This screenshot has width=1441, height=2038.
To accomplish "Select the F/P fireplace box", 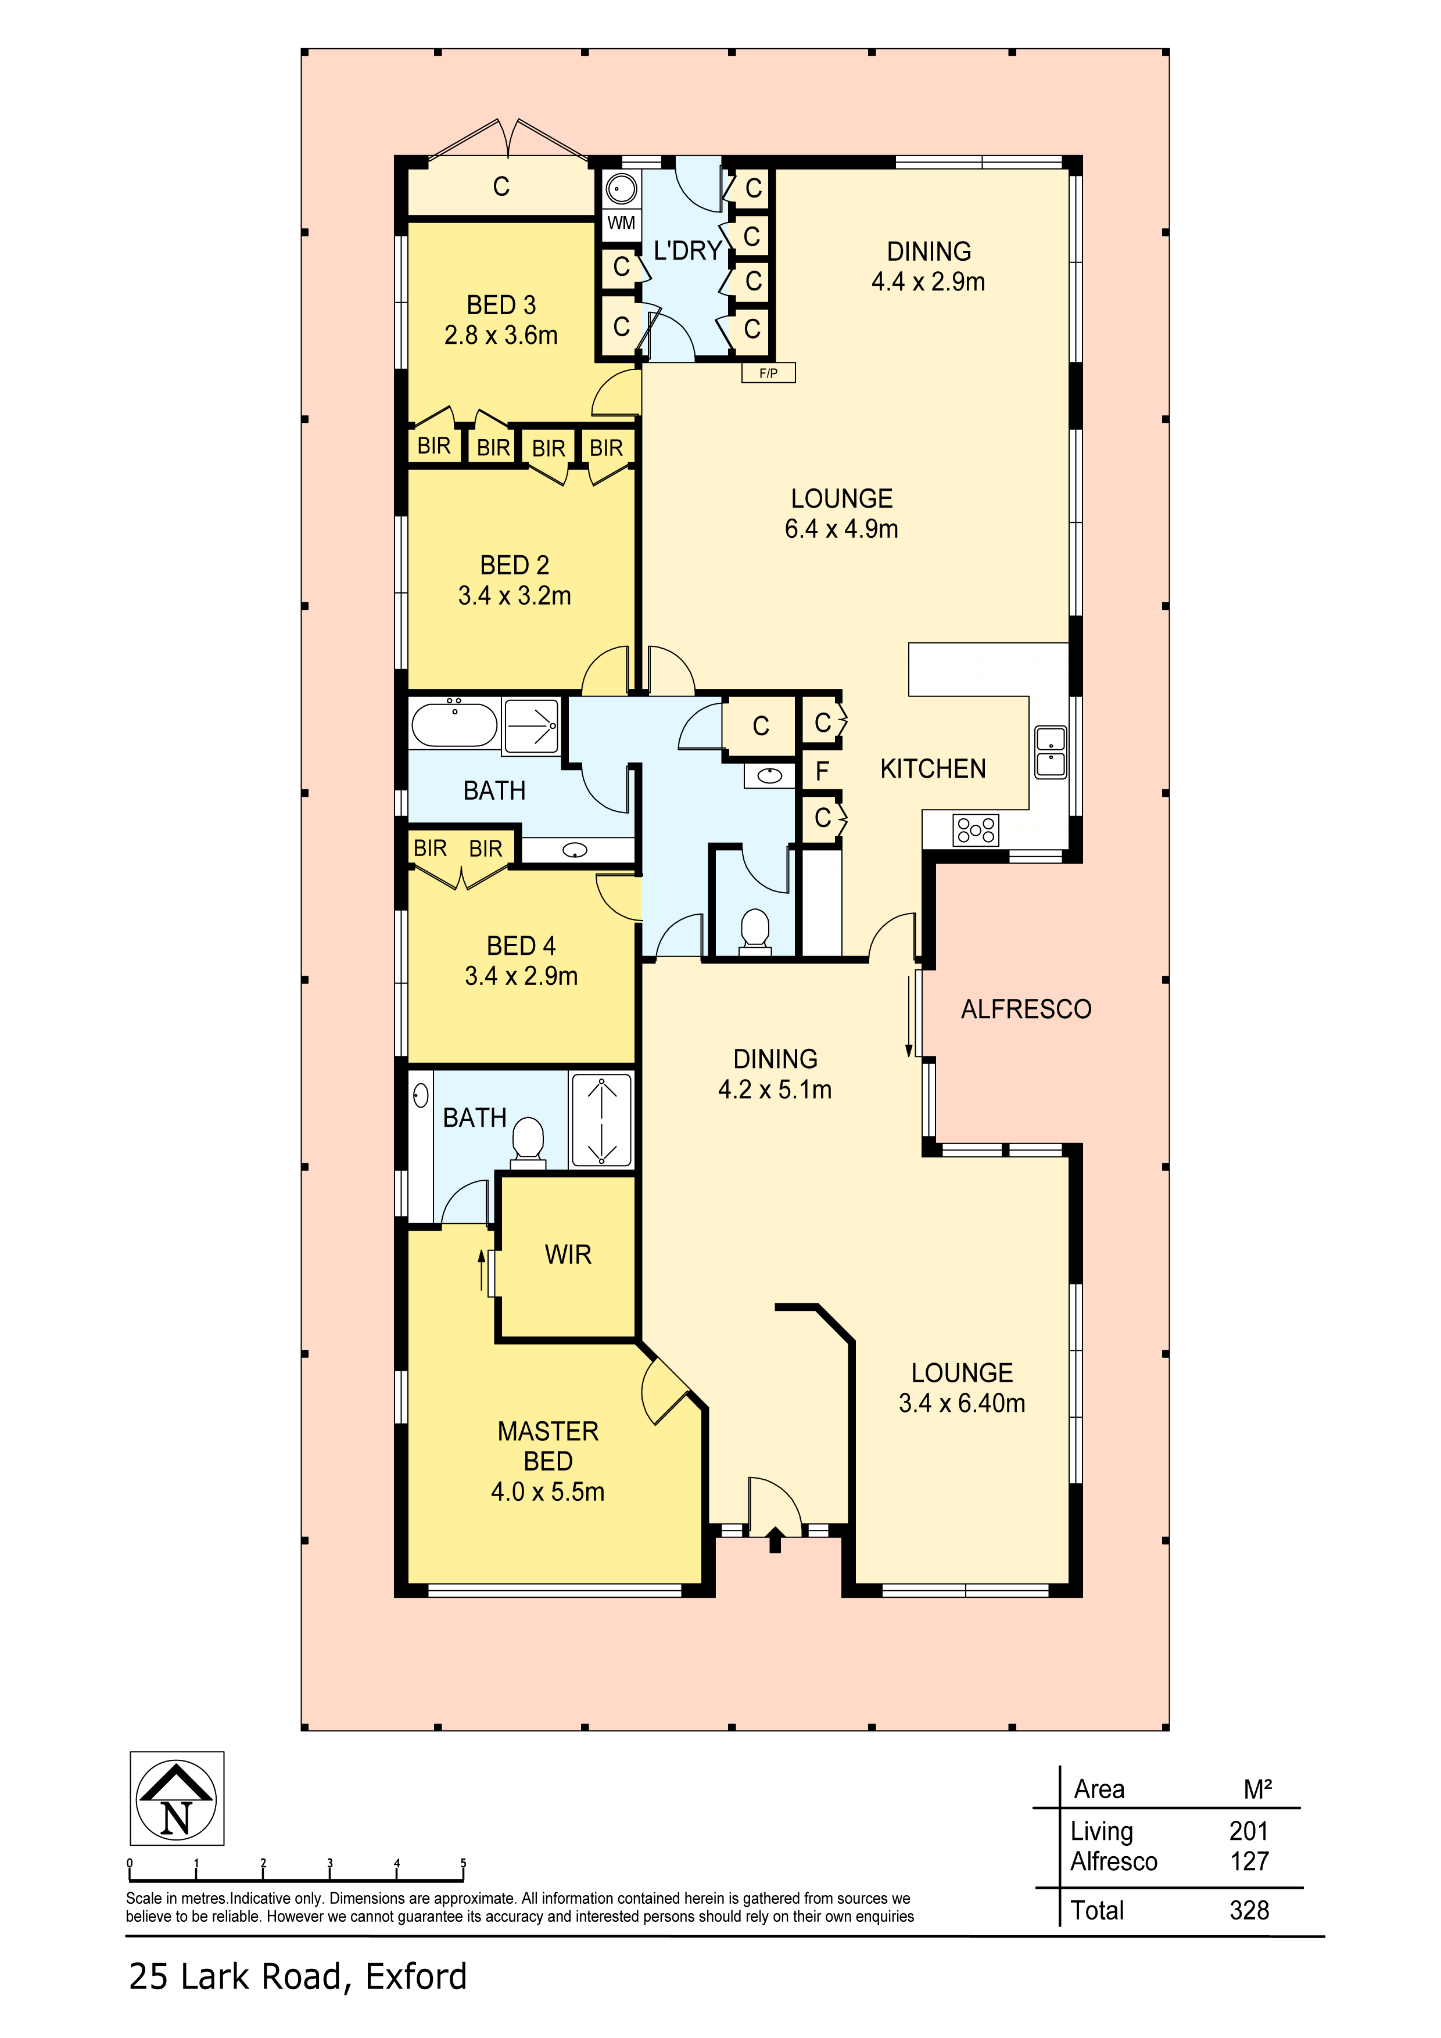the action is (x=768, y=373).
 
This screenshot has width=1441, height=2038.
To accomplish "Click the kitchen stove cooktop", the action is (x=976, y=830).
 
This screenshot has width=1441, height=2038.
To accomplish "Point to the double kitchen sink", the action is (x=1051, y=752).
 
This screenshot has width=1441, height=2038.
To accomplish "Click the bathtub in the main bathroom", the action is (x=454, y=724).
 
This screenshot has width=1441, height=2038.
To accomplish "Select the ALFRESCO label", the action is (x=1026, y=1009).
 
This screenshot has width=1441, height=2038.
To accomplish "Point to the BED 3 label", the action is (x=501, y=305).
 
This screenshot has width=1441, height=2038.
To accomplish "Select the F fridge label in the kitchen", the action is (x=822, y=771).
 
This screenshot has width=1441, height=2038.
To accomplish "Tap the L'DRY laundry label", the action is (x=687, y=251).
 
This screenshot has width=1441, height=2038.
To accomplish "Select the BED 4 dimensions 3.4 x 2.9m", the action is (x=521, y=976).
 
